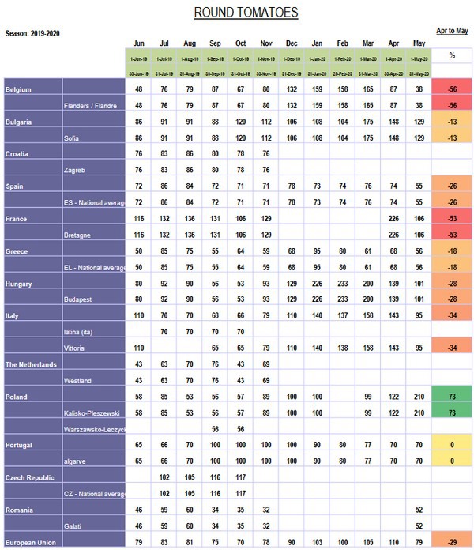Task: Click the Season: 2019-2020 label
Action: click(32, 33)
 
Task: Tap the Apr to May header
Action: click(452, 31)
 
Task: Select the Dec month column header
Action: click(292, 44)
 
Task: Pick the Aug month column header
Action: click(190, 44)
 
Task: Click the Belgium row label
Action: click(19, 89)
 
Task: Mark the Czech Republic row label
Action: click(32, 477)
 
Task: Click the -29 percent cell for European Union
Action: click(453, 542)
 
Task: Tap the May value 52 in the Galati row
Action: click(419, 526)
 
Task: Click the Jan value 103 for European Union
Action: click(318, 542)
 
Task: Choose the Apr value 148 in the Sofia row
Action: click(393, 137)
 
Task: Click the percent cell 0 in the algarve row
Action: click(453, 461)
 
